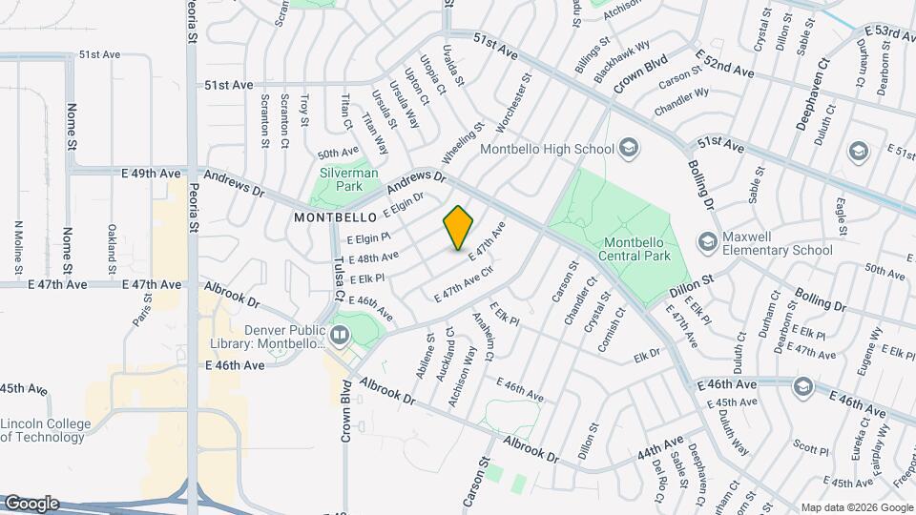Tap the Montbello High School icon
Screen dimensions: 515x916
click(x=628, y=147)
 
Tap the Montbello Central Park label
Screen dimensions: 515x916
click(x=635, y=248)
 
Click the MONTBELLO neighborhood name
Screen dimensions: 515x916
click(x=331, y=217)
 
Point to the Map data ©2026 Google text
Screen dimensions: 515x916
click(x=856, y=507)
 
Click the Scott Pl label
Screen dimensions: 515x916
click(x=811, y=446)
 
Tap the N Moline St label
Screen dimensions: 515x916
click(x=18, y=243)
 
